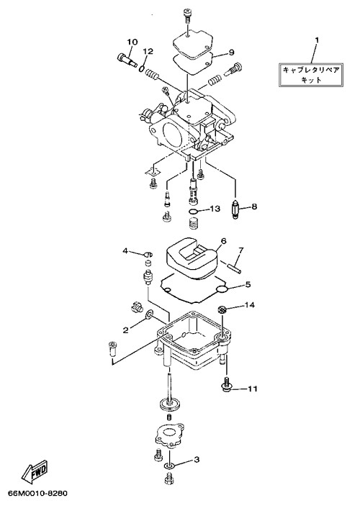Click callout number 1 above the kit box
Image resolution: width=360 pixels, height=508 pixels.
click(x=317, y=40)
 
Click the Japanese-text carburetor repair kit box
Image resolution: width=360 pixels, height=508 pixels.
click(x=311, y=75)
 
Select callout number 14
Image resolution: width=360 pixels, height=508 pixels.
click(x=250, y=305)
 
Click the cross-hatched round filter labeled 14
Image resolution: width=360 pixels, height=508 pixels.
click(x=222, y=309)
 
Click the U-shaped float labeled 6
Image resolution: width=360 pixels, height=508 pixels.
click(x=192, y=259)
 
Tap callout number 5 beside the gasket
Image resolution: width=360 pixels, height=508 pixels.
click(x=248, y=285)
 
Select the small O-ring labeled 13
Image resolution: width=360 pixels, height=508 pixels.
click(x=193, y=212)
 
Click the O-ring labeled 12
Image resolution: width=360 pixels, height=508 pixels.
click(x=142, y=68)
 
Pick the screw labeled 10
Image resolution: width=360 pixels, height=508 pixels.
click(x=127, y=61)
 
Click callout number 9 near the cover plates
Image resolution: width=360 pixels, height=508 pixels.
click(x=231, y=52)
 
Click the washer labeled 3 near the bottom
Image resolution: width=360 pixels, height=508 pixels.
click(x=170, y=466)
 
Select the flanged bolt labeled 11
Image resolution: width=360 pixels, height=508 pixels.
click(x=226, y=385)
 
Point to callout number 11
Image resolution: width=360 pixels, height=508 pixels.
click(x=253, y=389)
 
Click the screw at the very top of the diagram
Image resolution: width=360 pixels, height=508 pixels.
click(x=188, y=16)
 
